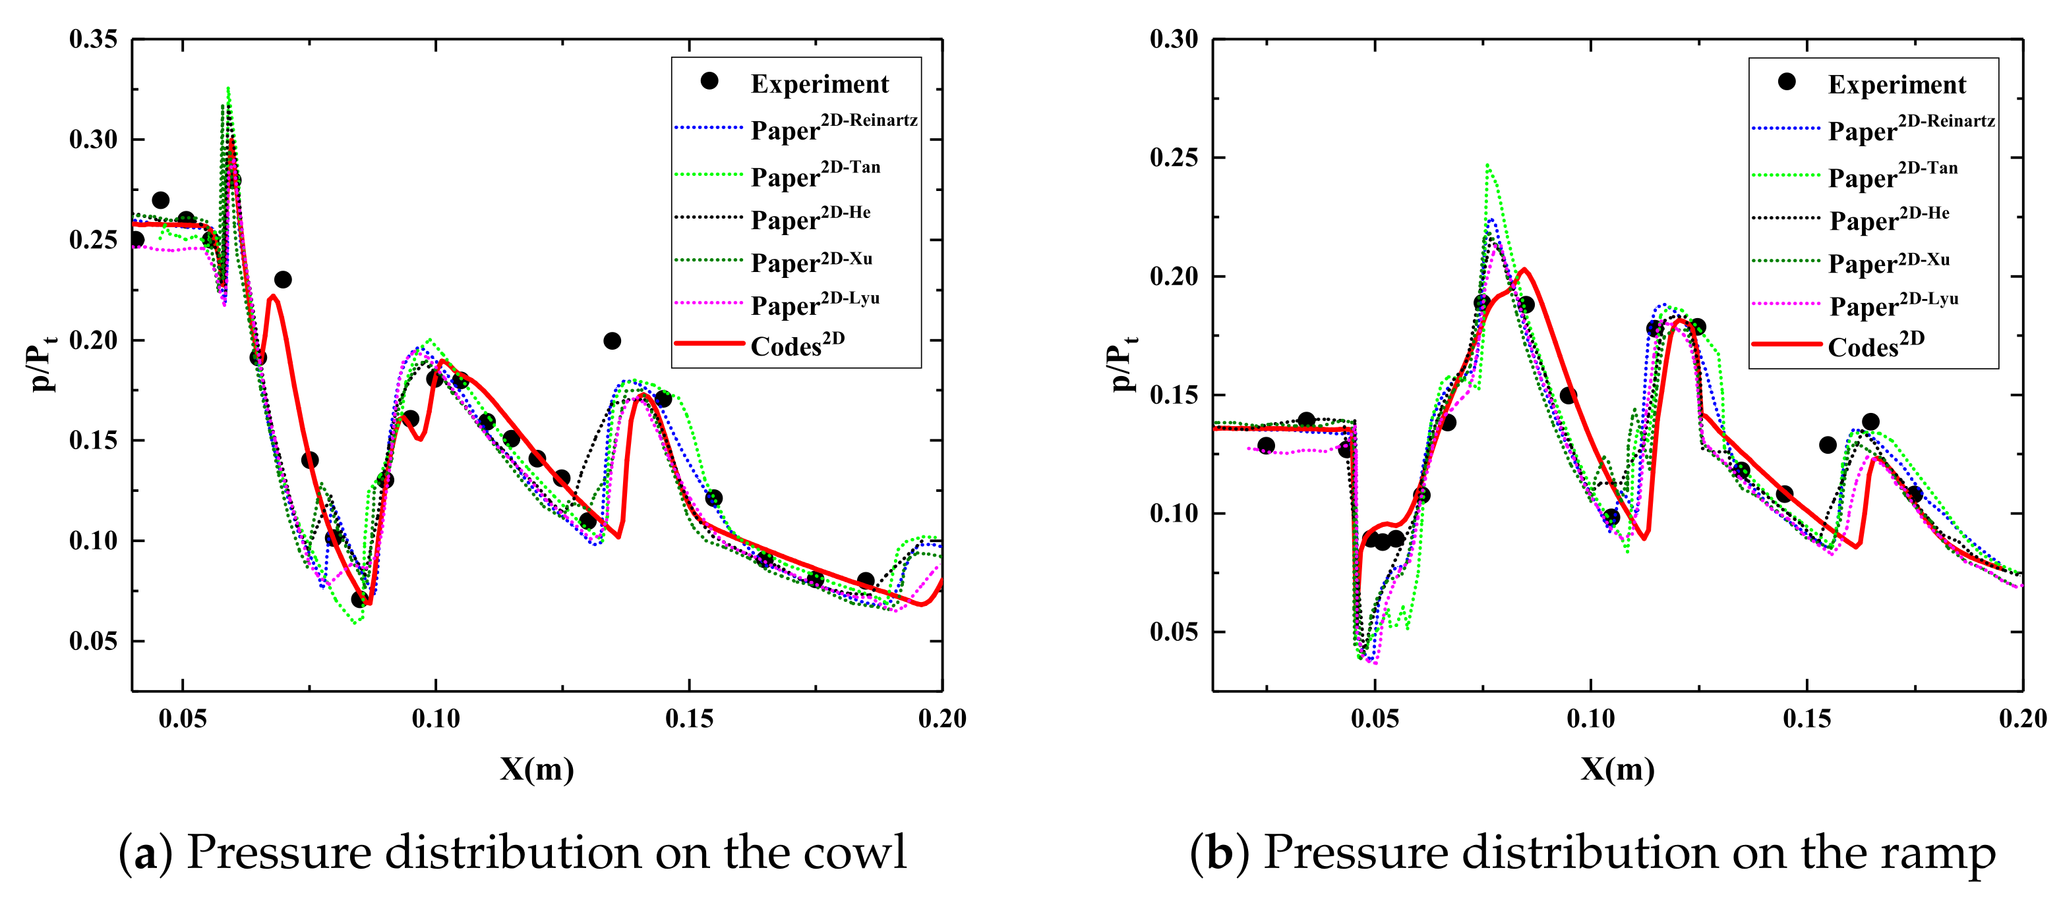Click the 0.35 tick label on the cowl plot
pyautogui.click(x=93, y=39)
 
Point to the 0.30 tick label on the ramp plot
pyautogui.click(x=1174, y=39)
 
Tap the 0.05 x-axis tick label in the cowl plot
pyautogui.click(x=183, y=718)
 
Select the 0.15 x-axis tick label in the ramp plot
pyautogui.click(x=1807, y=718)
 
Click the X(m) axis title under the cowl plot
pyautogui.click(x=537, y=769)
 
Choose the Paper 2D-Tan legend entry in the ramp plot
pyautogui.click(x=1892, y=176)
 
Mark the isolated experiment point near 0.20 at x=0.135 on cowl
pyautogui.click(x=612, y=341)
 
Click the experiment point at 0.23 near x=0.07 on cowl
pyautogui.click(x=282, y=280)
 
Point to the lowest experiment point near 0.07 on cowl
pyautogui.click(x=359, y=599)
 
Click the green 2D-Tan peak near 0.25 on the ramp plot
pyautogui.click(x=1487, y=166)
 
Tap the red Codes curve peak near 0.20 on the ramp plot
pyautogui.click(x=1524, y=269)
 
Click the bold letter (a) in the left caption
pyautogui.click(x=145, y=854)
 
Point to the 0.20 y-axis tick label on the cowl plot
pyautogui.click(x=93, y=340)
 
